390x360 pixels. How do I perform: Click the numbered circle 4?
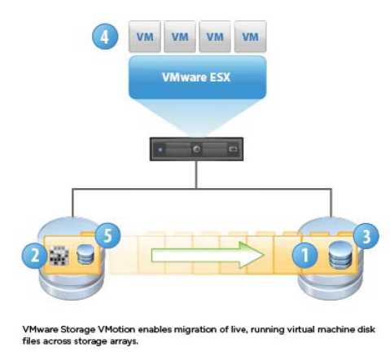(105, 37)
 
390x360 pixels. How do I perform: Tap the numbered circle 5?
(107, 235)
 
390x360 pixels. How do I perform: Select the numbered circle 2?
(34, 256)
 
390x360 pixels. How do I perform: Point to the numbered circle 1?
(305, 255)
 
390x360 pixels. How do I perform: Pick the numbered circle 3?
(366, 236)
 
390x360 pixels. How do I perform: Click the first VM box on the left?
(145, 36)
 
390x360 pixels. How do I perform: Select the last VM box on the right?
(250, 36)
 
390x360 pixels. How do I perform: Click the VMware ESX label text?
(196, 77)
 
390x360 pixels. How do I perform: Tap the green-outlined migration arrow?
(208, 255)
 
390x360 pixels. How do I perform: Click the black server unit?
(196, 149)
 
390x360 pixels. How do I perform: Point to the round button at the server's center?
(196, 149)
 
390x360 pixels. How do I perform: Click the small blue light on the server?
(160, 149)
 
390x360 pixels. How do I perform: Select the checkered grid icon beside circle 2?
(59, 256)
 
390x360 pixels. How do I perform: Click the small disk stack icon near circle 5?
(85, 254)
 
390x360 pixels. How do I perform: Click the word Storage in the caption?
(78, 330)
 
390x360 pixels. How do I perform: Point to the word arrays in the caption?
(124, 341)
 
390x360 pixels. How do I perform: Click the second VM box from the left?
(180, 36)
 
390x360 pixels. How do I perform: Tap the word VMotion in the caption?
(116, 329)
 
